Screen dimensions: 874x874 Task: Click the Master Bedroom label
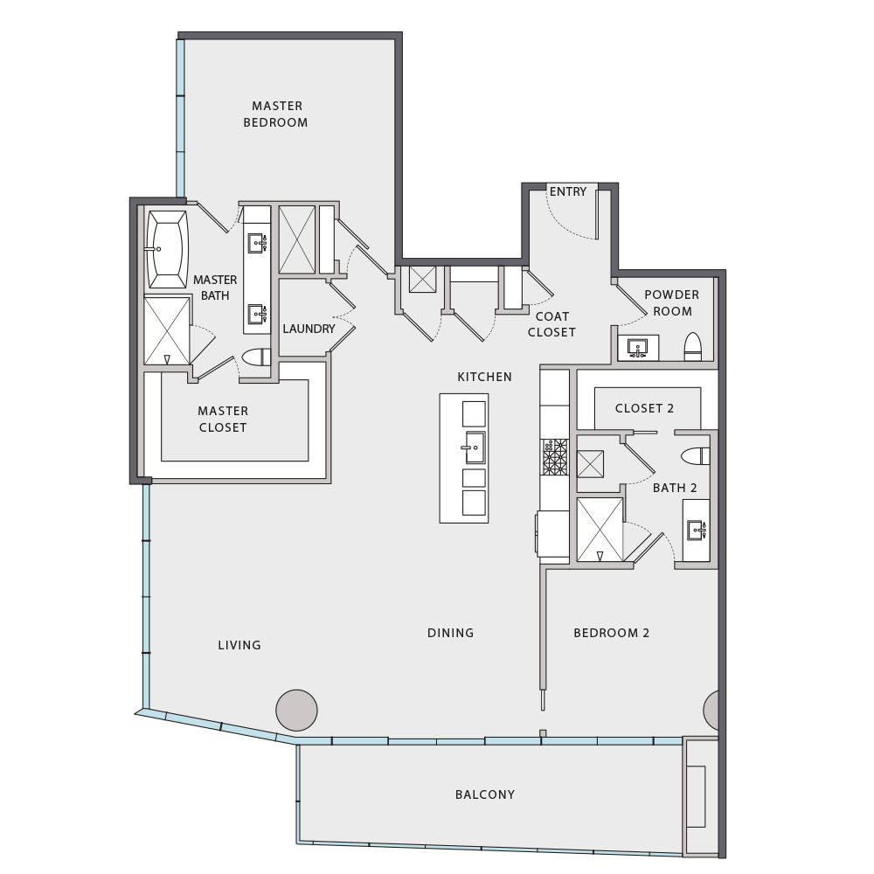point(276,114)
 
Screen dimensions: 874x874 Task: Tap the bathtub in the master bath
point(167,249)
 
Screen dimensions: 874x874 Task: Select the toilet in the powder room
point(692,347)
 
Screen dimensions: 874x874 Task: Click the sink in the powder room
point(637,348)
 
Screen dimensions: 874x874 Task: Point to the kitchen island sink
point(475,447)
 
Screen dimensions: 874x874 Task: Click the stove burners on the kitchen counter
point(555,457)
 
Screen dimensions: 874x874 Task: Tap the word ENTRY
point(568,191)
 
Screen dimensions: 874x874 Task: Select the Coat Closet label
point(551,324)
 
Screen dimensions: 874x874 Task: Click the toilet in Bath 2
point(696,456)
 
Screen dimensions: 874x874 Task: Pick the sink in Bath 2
point(697,530)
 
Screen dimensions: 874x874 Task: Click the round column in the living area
point(296,710)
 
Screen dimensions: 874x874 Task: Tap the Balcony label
point(485,794)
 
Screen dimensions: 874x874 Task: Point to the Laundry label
point(309,329)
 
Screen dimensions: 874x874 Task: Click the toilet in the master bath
point(256,357)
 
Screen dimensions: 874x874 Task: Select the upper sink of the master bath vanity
point(257,243)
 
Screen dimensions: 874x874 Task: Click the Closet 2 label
point(644,408)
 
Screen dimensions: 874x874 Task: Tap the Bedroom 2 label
point(612,633)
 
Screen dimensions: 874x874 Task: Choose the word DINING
point(450,633)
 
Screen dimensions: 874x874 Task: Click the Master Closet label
point(223,420)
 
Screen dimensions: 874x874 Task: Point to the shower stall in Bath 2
point(600,530)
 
